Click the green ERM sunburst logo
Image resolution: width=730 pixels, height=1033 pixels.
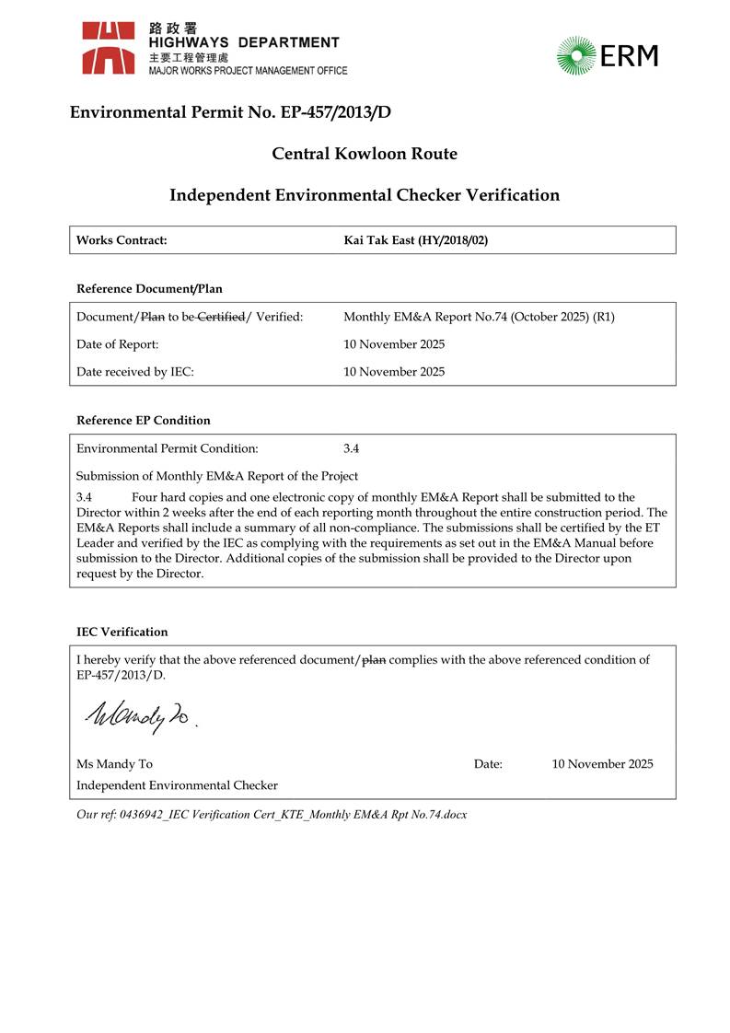[x=576, y=55]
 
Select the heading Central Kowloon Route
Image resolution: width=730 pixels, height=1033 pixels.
[x=365, y=154]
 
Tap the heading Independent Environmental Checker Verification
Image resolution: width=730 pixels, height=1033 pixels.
[x=365, y=195]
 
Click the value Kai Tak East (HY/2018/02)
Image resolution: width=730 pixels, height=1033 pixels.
[x=415, y=240]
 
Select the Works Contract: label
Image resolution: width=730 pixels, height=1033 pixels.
[x=122, y=240]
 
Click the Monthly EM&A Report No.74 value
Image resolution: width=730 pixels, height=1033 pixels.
[x=479, y=317]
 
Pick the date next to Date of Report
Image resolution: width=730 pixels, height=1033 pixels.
[x=394, y=344]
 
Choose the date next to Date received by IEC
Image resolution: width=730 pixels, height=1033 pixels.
[x=394, y=372]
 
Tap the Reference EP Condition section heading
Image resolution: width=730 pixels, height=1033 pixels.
[x=143, y=421]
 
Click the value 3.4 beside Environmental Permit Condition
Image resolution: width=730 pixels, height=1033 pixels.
[x=352, y=448]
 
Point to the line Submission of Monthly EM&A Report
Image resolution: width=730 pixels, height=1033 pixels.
[x=216, y=476]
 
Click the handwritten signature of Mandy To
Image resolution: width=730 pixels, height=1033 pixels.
[x=138, y=712]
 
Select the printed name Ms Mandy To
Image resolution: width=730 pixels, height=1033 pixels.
[x=114, y=764]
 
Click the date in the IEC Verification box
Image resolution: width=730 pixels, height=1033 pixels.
[x=602, y=764]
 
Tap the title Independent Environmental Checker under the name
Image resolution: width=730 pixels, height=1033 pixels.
[x=177, y=785]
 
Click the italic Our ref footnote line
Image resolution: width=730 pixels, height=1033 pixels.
[x=272, y=815]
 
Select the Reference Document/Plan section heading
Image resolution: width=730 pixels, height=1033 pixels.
[x=149, y=289]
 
